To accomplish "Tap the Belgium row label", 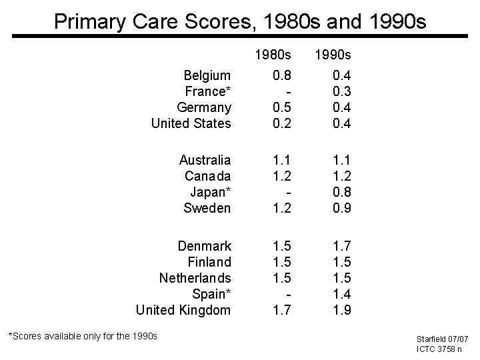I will point(207,75).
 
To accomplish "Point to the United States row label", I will point(191,123).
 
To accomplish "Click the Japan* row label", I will point(211,192).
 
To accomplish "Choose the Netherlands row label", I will point(195,277).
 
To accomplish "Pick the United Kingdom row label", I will point(183,310).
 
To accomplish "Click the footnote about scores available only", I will point(82,336).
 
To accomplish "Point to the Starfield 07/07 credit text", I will point(443,339).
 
